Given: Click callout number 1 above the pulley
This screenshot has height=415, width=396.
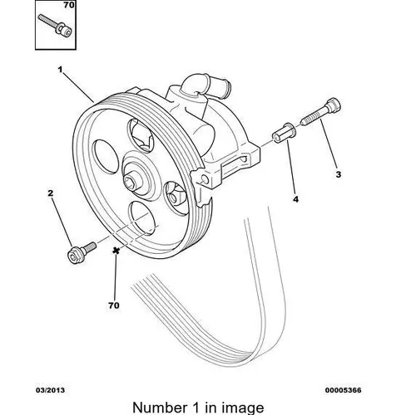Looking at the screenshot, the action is pyautogui.click(x=60, y=70).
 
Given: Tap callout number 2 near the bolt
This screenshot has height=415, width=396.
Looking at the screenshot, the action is pyautogui.click(x=50, y=193).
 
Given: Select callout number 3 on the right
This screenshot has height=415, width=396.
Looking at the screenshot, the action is pyautogui.click(x=339, y=174).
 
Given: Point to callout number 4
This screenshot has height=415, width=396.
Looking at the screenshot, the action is pyautogui.click(x=296, y=199).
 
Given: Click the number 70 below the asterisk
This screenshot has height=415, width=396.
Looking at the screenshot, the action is pyautogui.click(x=114, y=305).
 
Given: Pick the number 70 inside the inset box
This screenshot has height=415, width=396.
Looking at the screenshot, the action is pyautogui.click(x=69, y=5).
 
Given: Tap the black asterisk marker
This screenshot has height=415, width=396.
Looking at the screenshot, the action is pyautogui.click(x=116, y=251).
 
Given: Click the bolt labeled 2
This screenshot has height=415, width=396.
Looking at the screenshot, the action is pyautogui.click(x=82, y=252).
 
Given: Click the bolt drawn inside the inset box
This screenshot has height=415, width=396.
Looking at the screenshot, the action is pyautogui.click(x=55, y=26).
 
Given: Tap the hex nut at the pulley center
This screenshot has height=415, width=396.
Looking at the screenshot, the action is pyautogui.click(x=130, y=182).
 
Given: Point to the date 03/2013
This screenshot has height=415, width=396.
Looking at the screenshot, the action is pyautogui.click(x=50, y=390).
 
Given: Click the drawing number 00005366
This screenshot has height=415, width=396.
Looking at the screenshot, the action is pyautogui.click(x=343, y=390).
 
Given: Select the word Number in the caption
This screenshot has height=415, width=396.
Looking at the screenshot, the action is pyautogui.click(x=160, y=408).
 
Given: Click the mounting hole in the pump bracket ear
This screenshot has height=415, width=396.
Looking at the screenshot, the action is pyautogui.click(x=205, y=179).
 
